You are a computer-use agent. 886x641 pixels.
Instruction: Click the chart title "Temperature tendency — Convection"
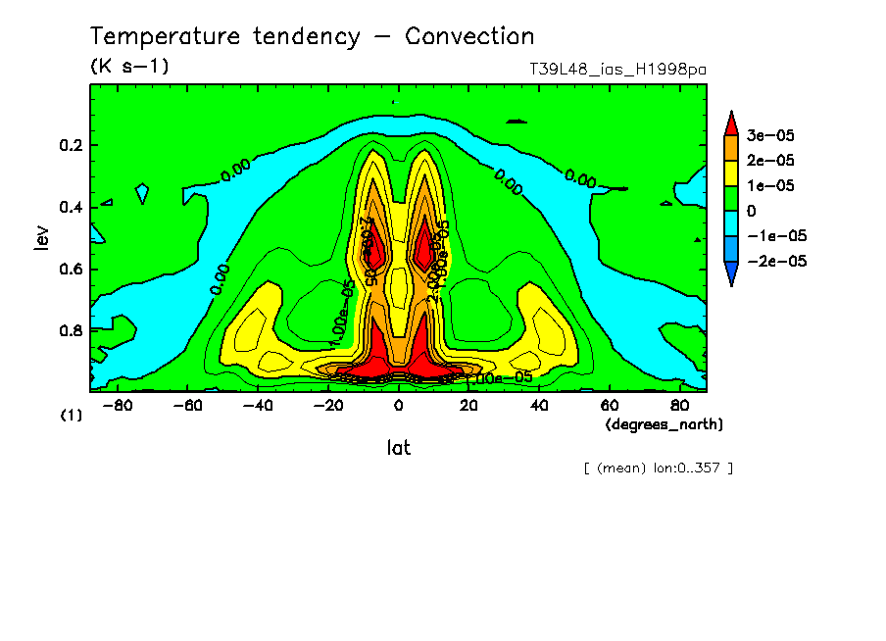(x=312, y=37)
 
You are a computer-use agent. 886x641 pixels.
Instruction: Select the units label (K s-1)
(x=129, y=67)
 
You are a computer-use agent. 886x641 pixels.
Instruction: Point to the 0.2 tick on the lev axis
(x=70, y=145)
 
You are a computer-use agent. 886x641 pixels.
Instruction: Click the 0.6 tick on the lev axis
(x=70, y=270)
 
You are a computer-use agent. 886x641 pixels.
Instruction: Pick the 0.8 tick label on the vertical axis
(x=70, y=331)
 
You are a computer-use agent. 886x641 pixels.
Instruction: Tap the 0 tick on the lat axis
(x=398, y=405)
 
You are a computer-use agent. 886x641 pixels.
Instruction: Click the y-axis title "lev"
(x=40, y=238)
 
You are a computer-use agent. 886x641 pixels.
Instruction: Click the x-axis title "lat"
(x=398, y=448)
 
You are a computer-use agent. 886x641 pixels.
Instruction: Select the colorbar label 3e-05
(x=771, y=134)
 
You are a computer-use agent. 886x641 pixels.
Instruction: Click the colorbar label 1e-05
(x=771, y=185)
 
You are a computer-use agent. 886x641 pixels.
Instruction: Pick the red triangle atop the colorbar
(x=731, y=122)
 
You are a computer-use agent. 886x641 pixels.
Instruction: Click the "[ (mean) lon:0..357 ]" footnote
(x=658, y=468)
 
